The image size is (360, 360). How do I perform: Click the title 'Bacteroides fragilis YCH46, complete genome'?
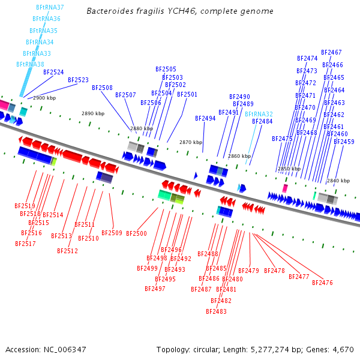(x=180, y=11)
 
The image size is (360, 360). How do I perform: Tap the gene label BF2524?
(x=53, y=72)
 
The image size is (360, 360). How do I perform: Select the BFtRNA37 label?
(x=50, y=7)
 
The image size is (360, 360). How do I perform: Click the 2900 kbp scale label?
(x=44, y=98)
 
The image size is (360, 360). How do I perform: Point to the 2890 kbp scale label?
(x=93, y=113)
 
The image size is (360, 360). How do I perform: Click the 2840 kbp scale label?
(x=338, y=181)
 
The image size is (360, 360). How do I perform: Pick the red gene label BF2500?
(x=136, y=233)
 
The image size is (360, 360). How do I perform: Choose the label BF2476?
(x=322, y=283)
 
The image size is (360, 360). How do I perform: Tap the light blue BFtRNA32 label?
(x=259, y=114)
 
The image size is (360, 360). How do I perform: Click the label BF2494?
(x=205, y=118)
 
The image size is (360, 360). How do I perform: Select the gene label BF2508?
(x=102, y=88)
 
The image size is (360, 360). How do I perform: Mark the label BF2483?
(x=216, y=311)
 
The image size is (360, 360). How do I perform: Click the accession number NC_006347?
(x=65, y=350)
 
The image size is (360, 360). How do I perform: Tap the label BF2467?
(x=331, y=52)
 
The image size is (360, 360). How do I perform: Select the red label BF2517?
(x=25, y=244)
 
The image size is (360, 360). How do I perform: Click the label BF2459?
(x=344, y=142)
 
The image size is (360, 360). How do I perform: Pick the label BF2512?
(x=67, y=251)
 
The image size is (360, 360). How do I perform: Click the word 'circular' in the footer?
(x=206, y=350)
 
